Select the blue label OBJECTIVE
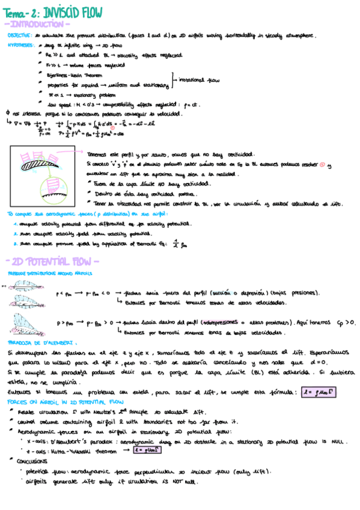[20, 36]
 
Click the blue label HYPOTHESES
[20, 45]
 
